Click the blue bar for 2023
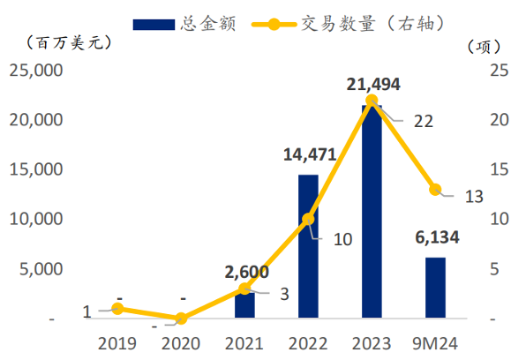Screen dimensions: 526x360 [x=372, y=212]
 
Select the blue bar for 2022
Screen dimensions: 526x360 [x=308, y=246]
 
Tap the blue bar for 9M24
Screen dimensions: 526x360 [x=435, y=288]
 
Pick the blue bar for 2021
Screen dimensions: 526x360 [x=244, y=305]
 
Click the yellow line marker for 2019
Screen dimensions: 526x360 [x=117, y=308]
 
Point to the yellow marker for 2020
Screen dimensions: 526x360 [x=181, y=318]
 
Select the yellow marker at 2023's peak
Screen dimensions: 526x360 [x=372, y=101]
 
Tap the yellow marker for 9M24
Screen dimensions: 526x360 [x=435, y=190]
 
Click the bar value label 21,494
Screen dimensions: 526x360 [x=373, y=84]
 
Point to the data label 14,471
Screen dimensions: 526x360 [x=310, y=154]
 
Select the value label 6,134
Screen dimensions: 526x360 [x=437, y=237]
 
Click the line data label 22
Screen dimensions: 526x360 [x=424, y=122]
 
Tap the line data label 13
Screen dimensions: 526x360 [x=474, y=197]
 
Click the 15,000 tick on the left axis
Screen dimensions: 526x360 [x=36, y=169]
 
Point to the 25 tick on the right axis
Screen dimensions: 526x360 [x=500, y=70]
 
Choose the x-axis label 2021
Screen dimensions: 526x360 [x=244, y=343]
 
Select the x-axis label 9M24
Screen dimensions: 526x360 [x=435, y=343]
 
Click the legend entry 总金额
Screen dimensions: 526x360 [x=184, y=24]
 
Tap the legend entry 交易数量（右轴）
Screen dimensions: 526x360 [x=349, y=24]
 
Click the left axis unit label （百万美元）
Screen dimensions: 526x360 [x=69, y=42]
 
